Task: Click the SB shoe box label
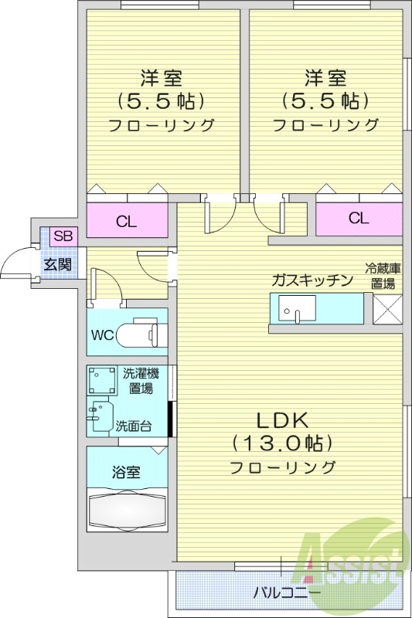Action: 63,237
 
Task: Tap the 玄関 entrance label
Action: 57,265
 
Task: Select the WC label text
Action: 104,335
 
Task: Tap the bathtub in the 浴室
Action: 127,509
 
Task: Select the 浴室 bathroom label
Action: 126,470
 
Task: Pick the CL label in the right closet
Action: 358,218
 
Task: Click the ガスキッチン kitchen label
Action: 312,280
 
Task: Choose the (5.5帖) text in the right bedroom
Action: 324,101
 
